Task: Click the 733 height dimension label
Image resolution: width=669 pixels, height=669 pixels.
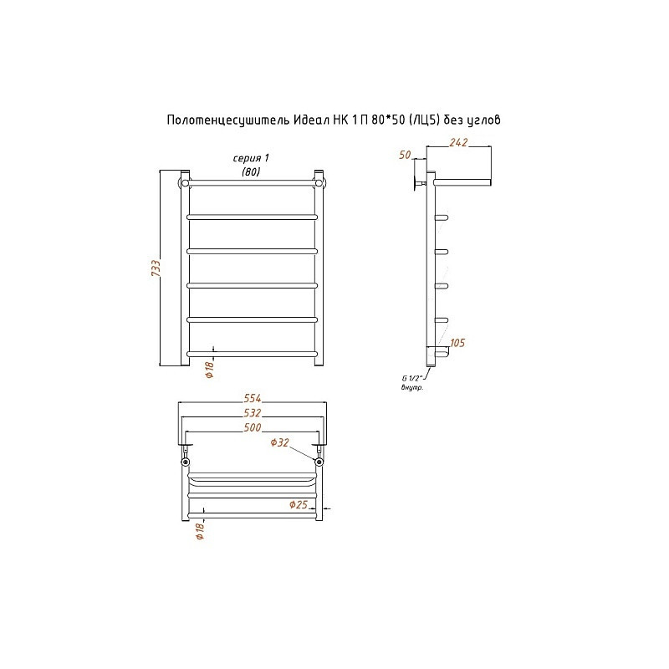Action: point(156,268)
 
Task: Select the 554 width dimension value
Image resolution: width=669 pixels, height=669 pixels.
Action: point(253,398)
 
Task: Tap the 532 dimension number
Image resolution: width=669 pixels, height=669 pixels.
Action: point(253,413)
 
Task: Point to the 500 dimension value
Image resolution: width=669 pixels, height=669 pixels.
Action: point(253,427)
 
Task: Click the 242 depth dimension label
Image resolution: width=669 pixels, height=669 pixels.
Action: point(458,142)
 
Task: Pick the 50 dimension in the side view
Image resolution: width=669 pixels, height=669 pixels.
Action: point(405,155)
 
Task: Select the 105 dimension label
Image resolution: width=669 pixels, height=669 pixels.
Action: point(457,343)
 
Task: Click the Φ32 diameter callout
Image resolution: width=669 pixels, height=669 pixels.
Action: point(280,442)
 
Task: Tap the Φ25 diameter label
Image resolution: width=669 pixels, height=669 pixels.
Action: point(299,504)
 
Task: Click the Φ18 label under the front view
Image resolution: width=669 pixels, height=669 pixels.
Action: point(209,369)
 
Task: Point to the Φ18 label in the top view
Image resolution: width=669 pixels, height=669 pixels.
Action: point(200,531)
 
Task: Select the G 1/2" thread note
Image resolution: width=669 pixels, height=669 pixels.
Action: point(411,378)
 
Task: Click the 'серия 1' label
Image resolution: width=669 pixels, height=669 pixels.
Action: point(251,158)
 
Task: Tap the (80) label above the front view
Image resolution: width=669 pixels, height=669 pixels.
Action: point(251,171)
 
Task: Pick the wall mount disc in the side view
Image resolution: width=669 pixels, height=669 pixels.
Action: point(415,182)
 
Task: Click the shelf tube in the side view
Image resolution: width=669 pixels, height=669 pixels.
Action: point(462,182)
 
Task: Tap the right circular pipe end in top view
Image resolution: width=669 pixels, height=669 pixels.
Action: point(319,462)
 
